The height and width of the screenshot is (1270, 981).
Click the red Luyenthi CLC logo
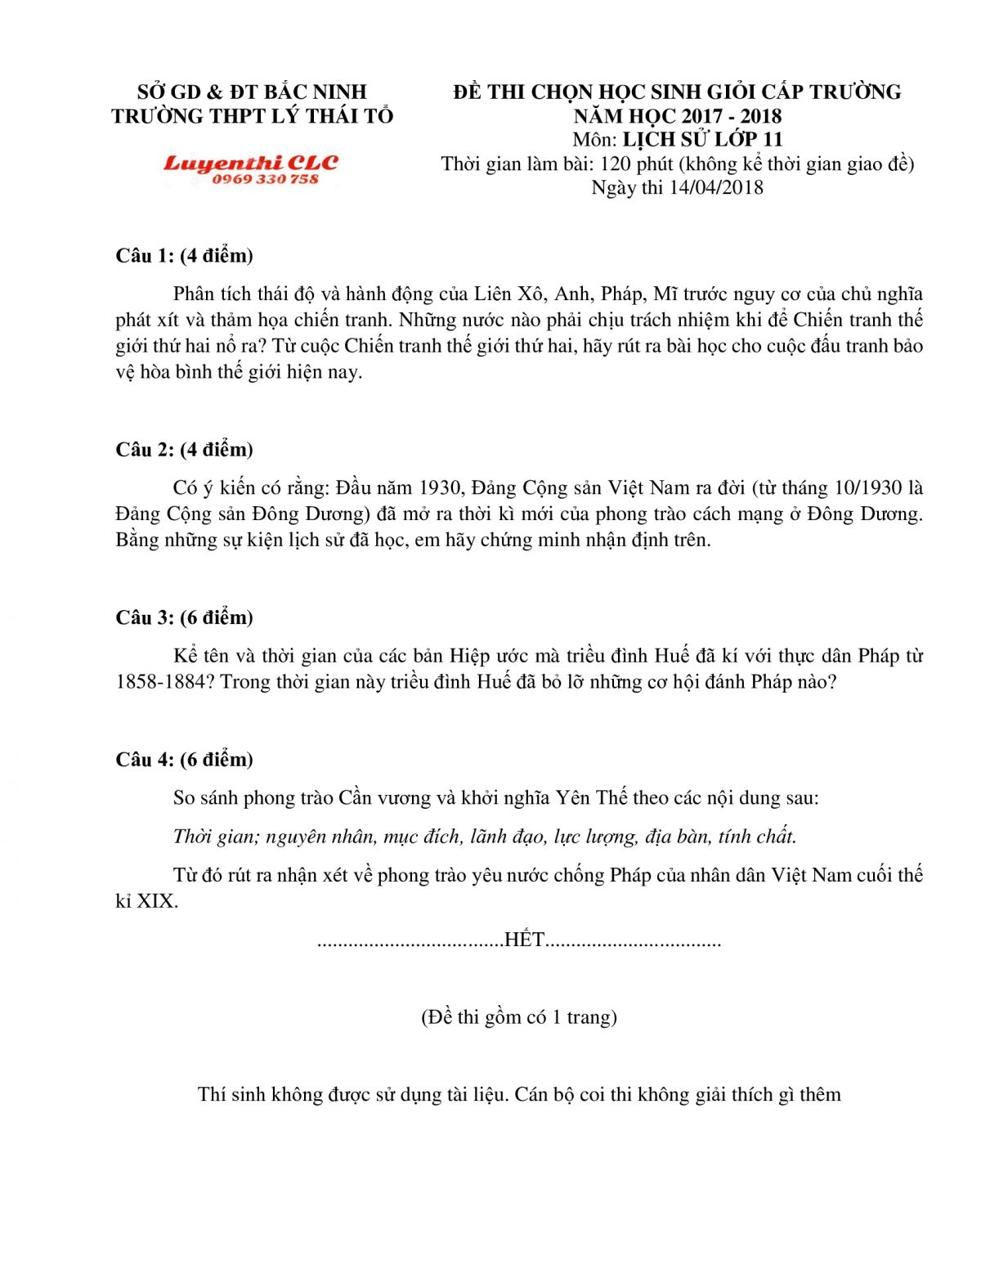pos(251,164)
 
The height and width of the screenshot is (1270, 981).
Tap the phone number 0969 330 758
pos(265,180)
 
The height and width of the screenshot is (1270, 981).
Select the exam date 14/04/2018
pos(716,187)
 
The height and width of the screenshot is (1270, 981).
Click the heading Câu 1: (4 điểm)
pos(184,256)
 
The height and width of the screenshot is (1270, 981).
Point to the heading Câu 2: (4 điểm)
pos(184,450)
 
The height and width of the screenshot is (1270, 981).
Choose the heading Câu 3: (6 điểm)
pos(184,617)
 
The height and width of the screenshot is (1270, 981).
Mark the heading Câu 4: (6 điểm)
pos(184,760)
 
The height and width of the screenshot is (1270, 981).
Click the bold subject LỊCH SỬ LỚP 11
pos(702,139)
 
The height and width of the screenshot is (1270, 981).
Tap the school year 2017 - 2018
pos(732,115)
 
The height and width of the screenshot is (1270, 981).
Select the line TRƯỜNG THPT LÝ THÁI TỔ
pos(252,116)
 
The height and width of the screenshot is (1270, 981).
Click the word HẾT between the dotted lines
pos(525,940)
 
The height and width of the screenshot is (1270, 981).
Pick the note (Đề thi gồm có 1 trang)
pos(519,1017)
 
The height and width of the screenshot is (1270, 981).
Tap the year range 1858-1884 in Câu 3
pos(159,682)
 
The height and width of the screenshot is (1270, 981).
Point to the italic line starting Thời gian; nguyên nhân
pos(485,837)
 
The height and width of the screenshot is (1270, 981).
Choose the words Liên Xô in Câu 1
pos(505,294)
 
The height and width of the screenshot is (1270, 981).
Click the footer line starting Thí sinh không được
pos(519,1095)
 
